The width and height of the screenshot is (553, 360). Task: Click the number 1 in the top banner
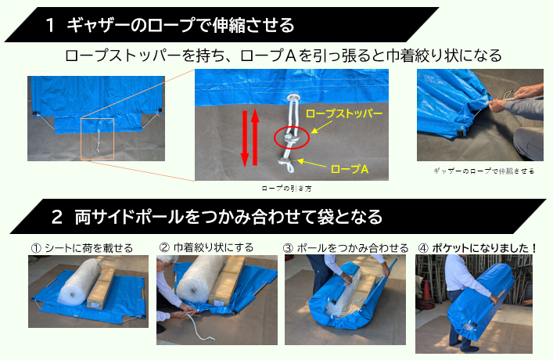coord(50,25)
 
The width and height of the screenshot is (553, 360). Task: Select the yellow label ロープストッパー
coord(344,114)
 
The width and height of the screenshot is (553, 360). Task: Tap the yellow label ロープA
coord(351,167)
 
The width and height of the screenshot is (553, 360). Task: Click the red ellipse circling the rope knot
coord(290,139)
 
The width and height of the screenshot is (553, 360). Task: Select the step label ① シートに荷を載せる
coord(81,247)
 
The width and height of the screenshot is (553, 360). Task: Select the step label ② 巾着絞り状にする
coord(206,247)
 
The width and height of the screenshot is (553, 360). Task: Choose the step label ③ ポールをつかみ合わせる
coord(345,247)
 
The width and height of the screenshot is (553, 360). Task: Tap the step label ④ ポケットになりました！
coord(477,247)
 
